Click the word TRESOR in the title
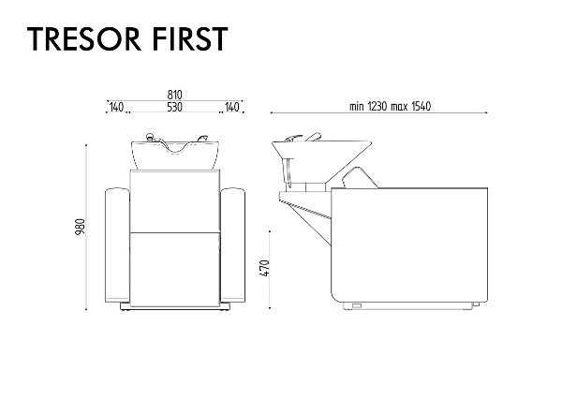[x=84, y=38]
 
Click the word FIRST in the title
[x=191, y=38]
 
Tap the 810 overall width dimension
[x=174, y=95]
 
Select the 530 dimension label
[x=174, y=107]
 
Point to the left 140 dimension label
[x=116, y=107]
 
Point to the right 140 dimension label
[x=232, y=107]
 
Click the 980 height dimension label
[x=81, y=227]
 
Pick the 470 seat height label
[x=264, y=268]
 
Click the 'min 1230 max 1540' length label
[x=390, y=107]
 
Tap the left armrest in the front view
[x=117, y=245]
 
